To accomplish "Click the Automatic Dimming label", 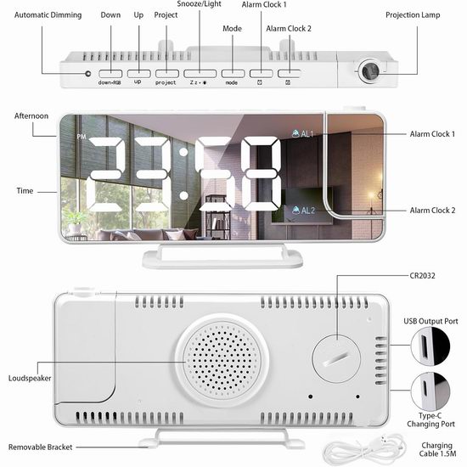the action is tap(48, 15).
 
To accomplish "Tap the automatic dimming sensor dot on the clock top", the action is tap(87, 73).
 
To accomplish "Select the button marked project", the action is tap(166, 74).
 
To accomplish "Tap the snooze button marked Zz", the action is tap(200, 74).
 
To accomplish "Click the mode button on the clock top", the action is tap(233, 74).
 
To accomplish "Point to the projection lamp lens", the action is tap(370, 71).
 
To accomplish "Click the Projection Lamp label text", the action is tap(413, 15).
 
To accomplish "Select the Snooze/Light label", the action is tap(199, 4).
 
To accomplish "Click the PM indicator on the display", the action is tap(82, 137).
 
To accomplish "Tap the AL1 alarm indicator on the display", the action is tap(302, 133).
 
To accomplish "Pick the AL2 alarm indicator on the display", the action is tap(303, 211).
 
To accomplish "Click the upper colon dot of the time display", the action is tap(183, 152).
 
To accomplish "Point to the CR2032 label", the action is tap(422, 276).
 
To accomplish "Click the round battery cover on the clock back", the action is tap(336, 358).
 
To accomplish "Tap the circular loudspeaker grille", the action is tap(222, 360).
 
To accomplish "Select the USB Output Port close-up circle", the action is tap(430, 346).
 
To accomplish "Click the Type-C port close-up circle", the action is tap(430, 391).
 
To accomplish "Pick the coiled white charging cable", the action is tap(364, 448).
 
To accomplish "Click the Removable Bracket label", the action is tap(40, 447).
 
